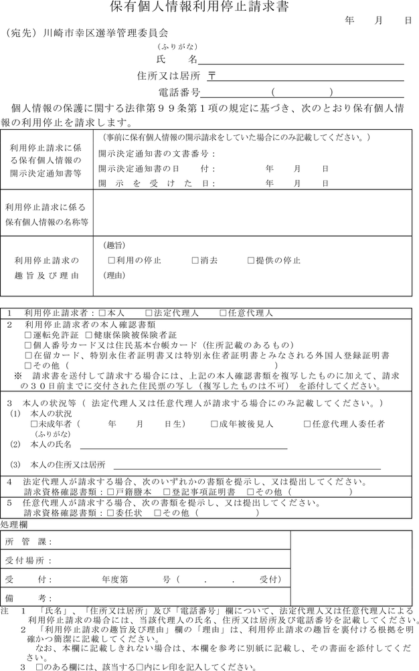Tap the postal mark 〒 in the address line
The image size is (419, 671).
click(212, 76)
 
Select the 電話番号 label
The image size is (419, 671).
click(179, 92)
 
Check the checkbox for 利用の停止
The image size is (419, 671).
click(112, 260)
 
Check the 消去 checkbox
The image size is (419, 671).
click(195, 260)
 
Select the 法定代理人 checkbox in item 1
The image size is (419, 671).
click(149, 313)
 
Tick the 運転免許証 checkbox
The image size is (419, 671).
click(28, 334)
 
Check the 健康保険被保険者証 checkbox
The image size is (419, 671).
click(88, 334)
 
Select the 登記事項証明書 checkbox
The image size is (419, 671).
click(157, 492)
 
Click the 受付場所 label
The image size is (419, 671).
click(27, 560)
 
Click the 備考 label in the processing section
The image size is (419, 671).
click(27, 597)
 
